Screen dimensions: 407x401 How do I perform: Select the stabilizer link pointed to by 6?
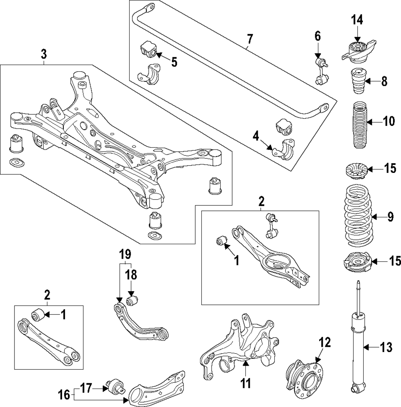point(319,72)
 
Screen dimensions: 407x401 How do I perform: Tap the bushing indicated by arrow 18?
point(132,300)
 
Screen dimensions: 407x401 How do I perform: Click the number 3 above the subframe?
point(44,54)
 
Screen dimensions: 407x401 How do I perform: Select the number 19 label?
point(125,254)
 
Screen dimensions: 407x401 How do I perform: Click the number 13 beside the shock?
point(386,347)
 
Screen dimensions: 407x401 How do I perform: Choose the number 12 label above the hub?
point(325,342)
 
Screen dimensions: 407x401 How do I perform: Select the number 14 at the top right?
point(356,19)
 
